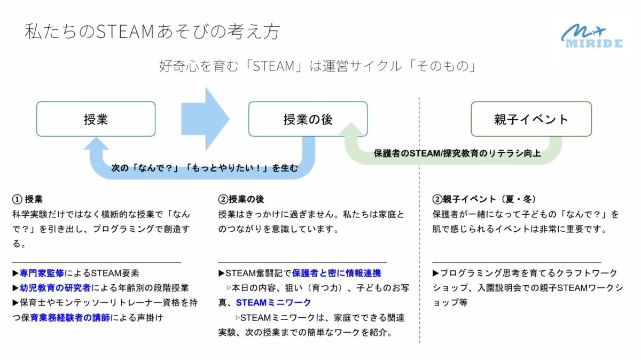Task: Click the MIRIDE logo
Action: click(x=592, y=36)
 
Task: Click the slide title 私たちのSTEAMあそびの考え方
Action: click(x=152, y=31)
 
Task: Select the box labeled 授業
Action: click(x=96, y=119)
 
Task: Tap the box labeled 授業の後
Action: click(x=308, y=119)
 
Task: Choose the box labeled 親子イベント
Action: click(x=531, y=119)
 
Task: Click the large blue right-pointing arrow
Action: click(x=205, y=119)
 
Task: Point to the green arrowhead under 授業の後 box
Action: click(x=351, y=129)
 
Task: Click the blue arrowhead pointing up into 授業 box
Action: click(x=96, y=143)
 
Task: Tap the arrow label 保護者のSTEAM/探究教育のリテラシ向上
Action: click(x=457, y=154)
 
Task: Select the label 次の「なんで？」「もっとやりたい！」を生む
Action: click(x=204, y=168)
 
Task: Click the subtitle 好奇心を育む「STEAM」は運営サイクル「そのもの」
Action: click(x=318, y=66)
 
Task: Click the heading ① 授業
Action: click(x=27, y=199)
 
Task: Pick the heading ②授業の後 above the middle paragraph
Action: click(x=241, y=199)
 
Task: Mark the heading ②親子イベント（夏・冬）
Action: click(x=484, y=199)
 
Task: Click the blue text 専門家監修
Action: click(x=42, y=273)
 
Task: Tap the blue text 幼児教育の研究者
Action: click(x=55, y=288)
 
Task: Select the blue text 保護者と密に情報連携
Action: click(x=337, y=273)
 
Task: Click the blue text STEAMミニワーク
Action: click(x=273, y=303)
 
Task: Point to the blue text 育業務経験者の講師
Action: click(x=70, y=318)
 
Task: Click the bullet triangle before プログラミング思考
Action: click(x=435, y=273)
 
